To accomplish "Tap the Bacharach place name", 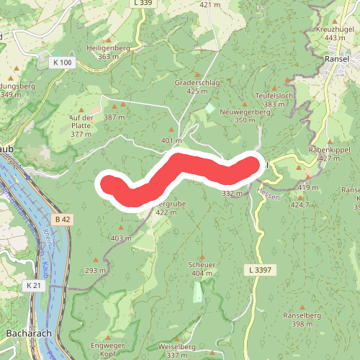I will pos(27,333).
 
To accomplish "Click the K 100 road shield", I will pos(62,63).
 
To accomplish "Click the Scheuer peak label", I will pos(202,264).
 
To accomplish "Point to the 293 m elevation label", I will pos(96,270).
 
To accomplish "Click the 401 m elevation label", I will pos(171,140).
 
